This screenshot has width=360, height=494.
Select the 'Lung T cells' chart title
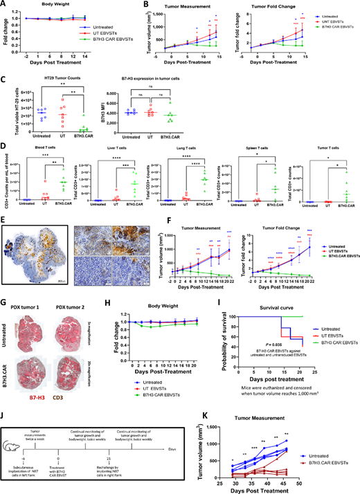pos(165,145)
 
